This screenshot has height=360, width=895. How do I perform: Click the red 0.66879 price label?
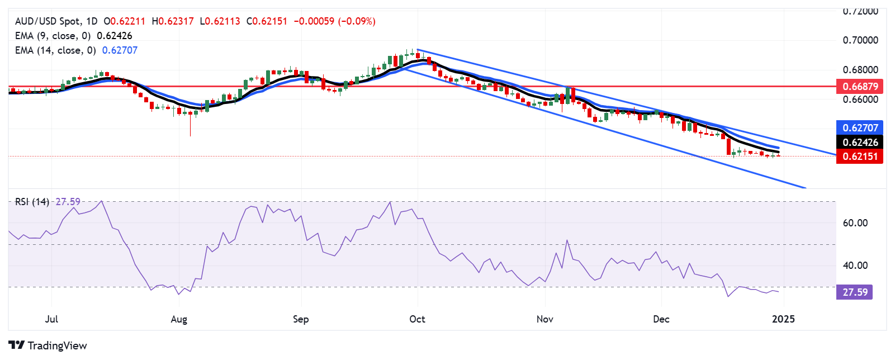click(860, 86)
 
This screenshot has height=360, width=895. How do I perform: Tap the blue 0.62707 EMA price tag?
click(860, 127)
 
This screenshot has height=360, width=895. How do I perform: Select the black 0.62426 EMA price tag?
click(860, 142)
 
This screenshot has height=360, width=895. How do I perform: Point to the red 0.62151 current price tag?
click(860, 157)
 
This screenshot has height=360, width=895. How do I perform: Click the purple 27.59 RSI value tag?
click(855, 292)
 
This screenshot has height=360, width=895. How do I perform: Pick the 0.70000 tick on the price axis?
click(860, 40)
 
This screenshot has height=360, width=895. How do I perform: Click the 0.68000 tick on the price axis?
click(860, 70)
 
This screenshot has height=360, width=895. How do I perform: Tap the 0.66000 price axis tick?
click(860, 100)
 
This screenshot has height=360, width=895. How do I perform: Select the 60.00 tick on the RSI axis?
click(855, 223)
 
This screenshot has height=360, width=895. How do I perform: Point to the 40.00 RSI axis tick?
click(855, 266)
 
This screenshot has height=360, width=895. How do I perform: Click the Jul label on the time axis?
click(51, 319)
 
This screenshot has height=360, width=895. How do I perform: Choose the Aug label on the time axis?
click(179, 319)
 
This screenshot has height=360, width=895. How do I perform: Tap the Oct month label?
click(417, 319)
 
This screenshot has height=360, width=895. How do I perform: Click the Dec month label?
click(661, 319)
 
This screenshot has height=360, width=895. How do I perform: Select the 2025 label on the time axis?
click(783, 319)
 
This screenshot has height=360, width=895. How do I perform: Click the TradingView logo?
click(48, 345)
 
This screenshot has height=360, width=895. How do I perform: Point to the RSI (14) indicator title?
click(32, 202)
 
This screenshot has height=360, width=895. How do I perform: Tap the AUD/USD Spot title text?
click(48, 21)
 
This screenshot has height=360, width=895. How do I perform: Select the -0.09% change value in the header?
click(357, 21)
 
